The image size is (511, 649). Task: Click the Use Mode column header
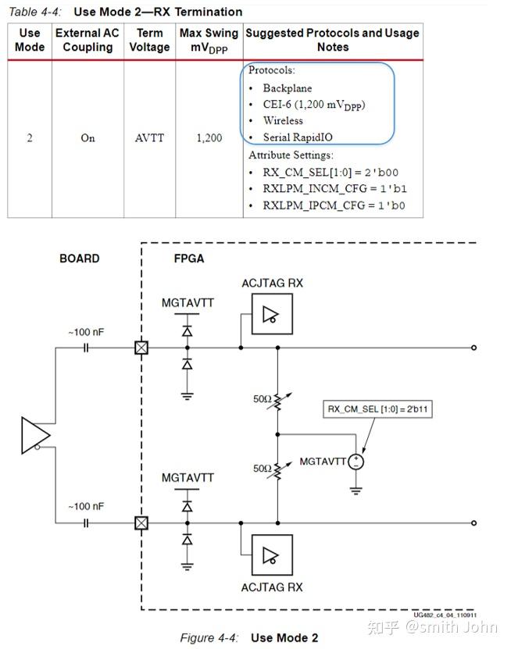tap(30, 40)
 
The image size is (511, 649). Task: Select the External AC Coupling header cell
tap(88, 40)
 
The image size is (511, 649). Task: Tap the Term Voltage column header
tap(149, 40)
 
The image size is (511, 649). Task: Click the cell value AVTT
tap(149, 138)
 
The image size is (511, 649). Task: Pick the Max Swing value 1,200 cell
tap(209, 138)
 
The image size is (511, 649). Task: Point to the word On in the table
tap(88, 138)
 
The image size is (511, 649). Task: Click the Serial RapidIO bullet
tap(297, 137)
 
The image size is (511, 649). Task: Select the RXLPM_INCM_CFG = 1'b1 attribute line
tap(334, 189)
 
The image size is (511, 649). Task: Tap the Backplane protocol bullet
tap(287, 88)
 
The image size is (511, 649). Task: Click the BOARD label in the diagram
tap(80, 259)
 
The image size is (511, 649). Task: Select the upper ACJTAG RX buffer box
tap(272, 314)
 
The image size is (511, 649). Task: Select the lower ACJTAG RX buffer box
tap(272, 555)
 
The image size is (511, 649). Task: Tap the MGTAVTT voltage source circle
tap(357, 462)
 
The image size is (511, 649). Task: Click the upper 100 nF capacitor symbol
tap(86, 348)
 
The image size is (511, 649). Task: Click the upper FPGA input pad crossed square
tap(141, 348)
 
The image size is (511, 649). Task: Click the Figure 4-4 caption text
tap(248, 638)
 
